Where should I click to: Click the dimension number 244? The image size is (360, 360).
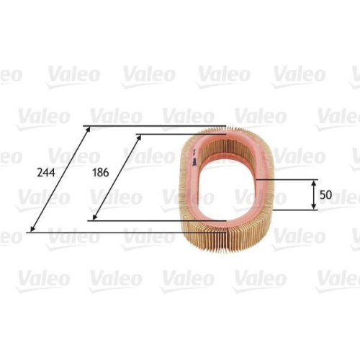tap(45, 173)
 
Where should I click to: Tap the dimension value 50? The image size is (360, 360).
tap(326, 195)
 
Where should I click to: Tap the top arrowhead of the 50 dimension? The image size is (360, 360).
tap(314, 183)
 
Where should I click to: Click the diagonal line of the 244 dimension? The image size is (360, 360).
tap(59, 180)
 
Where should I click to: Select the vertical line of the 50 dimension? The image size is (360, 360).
tap(314, 195)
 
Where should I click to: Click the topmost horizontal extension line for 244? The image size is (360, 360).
tap(158, 127)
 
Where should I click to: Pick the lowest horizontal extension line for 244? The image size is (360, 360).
tap(108, 233)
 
